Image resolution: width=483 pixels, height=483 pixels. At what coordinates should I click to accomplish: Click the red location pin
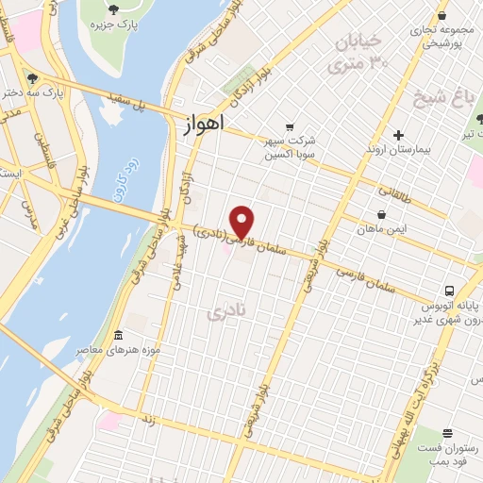click(x=243, y=221)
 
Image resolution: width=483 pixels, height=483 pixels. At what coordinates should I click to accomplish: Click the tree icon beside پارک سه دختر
click(x=33, y=78)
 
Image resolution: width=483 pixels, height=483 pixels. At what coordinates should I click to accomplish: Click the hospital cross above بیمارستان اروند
click(x=399, y=135)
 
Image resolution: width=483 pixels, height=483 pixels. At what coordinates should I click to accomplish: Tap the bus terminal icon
click(x=451, y=291)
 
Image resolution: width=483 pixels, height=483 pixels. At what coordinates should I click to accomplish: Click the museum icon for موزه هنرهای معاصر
click(x=118, y=336)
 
